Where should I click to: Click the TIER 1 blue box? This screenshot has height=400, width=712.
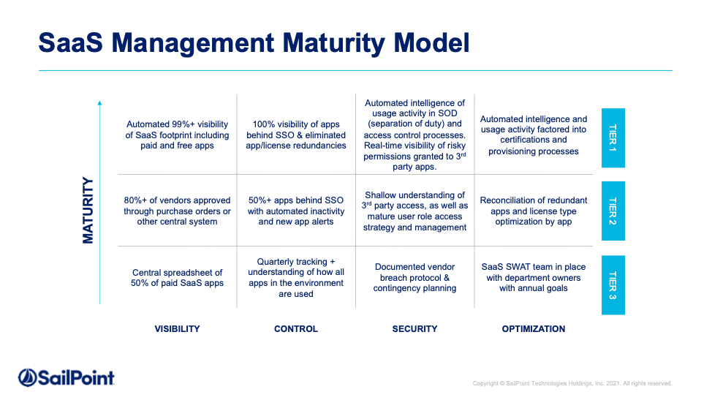pos(613,138)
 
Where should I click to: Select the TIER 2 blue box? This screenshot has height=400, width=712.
pos(613,211)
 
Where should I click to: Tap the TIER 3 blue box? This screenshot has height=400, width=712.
pos(613,285)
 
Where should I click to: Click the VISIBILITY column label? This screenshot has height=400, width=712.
pos(177,329)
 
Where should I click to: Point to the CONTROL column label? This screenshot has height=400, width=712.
pos(296,329)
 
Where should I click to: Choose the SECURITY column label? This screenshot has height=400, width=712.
pos(415,329)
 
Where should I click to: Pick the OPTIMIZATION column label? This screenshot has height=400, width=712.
pos(534,329)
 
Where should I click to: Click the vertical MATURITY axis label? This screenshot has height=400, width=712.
pos(88,210)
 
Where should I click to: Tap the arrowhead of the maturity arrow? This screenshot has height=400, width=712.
pos(100,103)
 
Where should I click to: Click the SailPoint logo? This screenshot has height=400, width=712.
pos(67,378)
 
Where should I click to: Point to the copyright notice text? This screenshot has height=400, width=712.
pos(572,383)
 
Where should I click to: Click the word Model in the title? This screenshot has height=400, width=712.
pos(431,43)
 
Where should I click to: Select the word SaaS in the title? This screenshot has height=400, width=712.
pos(70,43)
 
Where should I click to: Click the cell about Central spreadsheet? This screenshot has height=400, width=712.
pos(177,278)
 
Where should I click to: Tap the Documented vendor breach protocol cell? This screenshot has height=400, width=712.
pos(415,277)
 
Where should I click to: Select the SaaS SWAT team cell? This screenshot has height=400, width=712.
pos(534,277)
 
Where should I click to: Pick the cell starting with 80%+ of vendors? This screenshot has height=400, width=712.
pos(177,211)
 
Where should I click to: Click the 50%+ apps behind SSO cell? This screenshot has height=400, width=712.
pos(296,211)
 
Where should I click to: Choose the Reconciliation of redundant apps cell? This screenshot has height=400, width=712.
pos(534,211)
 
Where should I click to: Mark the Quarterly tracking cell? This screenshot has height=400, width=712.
pos(296,278)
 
